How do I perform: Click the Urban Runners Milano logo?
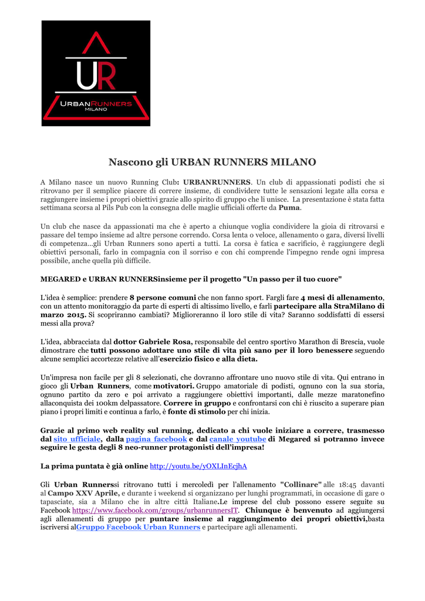tap(96, 73)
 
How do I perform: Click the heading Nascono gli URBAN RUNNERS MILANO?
tap(212, 161)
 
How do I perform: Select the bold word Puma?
tap(289, 208)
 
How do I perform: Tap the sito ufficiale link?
tap(77, 438)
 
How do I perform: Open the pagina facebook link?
tap(156, 438)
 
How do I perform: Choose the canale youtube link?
tap(238, 438)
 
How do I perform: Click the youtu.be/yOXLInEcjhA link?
tap(198, 466)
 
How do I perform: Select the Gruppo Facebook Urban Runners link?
tap(138, 527)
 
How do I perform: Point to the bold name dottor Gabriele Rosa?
tap(153, 342)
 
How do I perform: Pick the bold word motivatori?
tap(174, 386)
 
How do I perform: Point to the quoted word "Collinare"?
tap(301, 485)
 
